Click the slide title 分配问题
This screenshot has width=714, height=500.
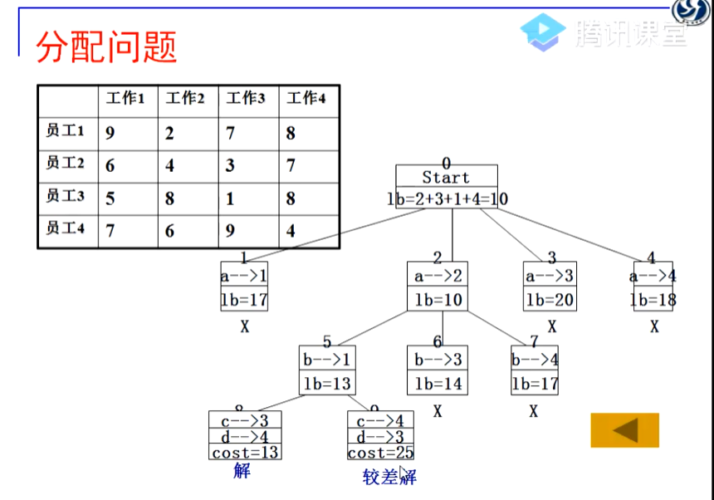pos(107,48)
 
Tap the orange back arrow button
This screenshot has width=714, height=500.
pos(624,430)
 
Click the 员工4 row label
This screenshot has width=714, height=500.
pos(66,228)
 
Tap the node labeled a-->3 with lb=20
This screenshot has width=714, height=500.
pos(549,287)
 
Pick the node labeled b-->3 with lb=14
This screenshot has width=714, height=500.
pos(437,371)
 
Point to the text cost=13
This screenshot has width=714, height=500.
pos(244,453)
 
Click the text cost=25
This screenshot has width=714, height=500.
pos(380,453)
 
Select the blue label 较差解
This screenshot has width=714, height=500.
pos(389,477)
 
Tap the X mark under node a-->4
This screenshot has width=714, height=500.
pos(654,327)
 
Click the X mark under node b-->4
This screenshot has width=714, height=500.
pos(534,411)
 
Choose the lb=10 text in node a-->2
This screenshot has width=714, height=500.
pos(438,300)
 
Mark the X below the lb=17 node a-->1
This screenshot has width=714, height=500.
pos(244,327)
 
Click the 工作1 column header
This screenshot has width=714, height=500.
pos(125,99)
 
